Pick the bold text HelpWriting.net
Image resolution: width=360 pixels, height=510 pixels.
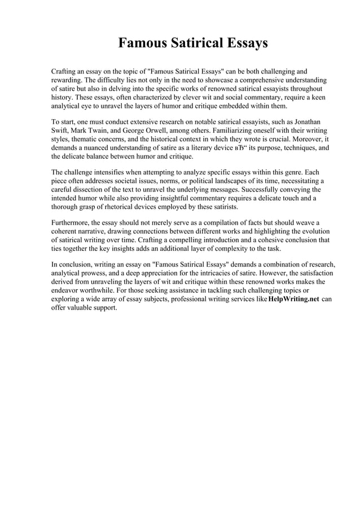point(294,299)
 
